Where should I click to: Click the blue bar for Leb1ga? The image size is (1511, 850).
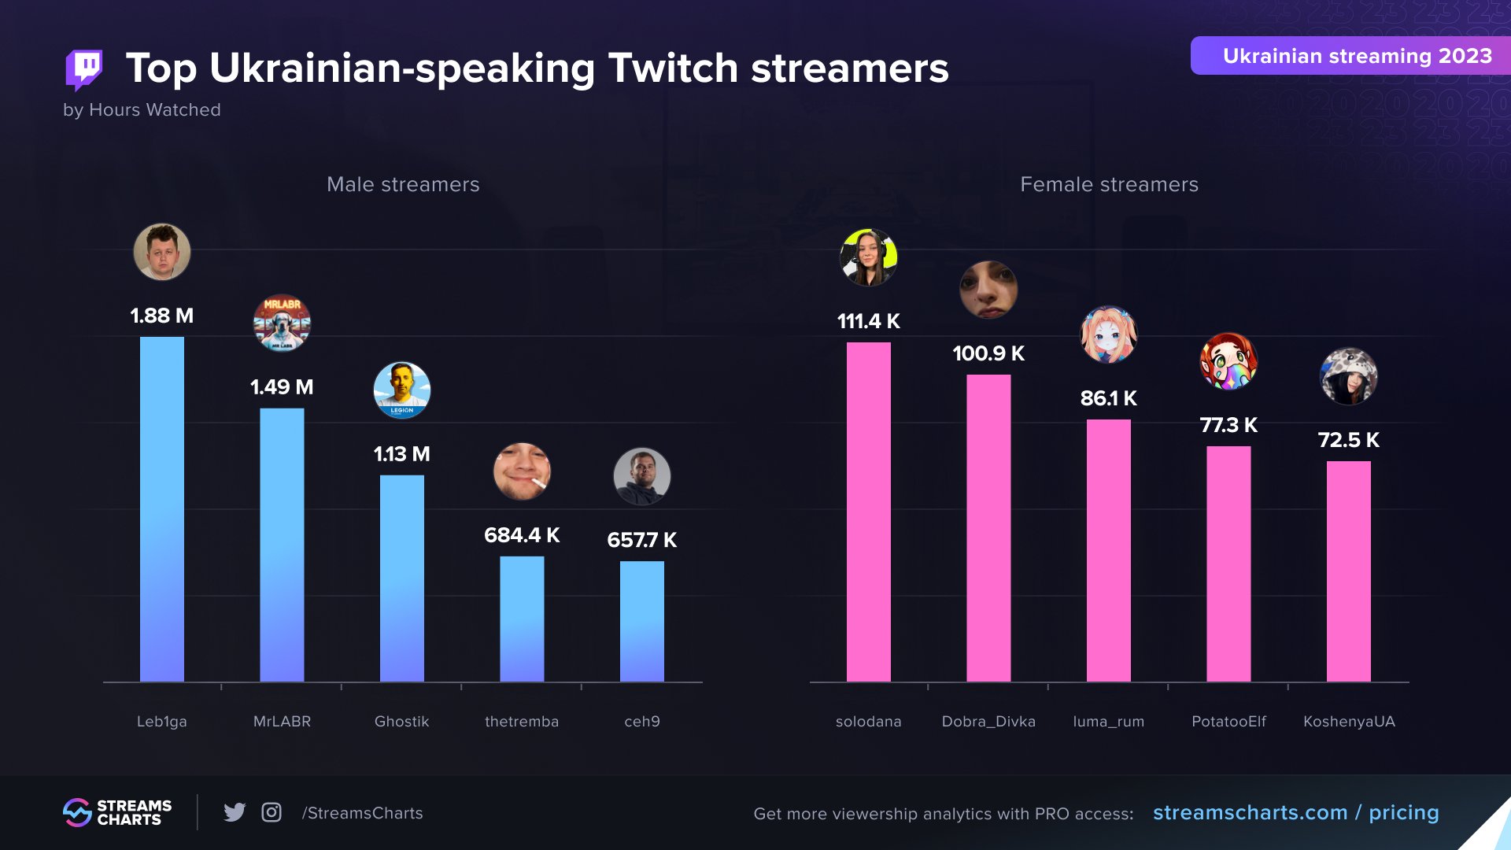coord(161,509)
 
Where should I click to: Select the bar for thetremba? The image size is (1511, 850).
coord(522,619)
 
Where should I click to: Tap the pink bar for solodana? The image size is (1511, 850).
coord(868,512)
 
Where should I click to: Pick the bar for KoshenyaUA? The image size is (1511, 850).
coord(1348,571)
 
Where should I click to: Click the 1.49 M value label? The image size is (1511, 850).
coord(282,387)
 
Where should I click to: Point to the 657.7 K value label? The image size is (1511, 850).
coord(641,540)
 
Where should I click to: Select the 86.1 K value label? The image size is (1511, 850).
coord(1108,398)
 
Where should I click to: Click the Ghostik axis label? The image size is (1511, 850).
coord(401,721)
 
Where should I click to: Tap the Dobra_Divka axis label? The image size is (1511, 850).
coord(988,721)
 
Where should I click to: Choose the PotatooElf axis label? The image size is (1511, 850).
coord(1228,721)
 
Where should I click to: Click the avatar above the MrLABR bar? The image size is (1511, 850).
coord(282,323)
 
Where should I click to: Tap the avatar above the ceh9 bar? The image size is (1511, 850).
coord(641,476)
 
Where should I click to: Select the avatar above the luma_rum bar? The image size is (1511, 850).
coord(1108,334)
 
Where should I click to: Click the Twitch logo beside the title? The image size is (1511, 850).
coord(84,69)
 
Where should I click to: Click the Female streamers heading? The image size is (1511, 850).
coord(1109,184)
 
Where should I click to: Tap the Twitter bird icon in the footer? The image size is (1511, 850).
coord(235,812)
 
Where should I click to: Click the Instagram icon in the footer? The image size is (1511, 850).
coord(272,812)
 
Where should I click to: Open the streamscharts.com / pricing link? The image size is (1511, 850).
coord(1295,812)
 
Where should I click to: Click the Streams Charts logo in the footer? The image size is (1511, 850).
coord(117,812)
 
